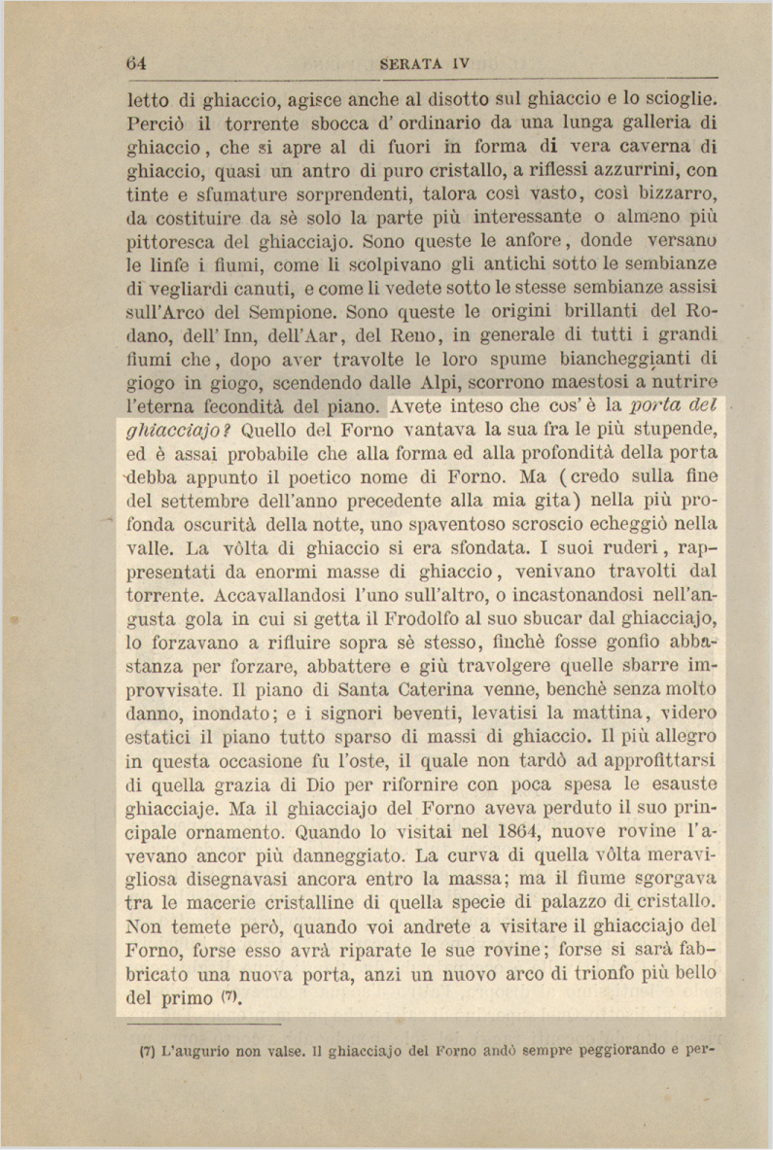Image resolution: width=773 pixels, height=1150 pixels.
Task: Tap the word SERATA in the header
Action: click(x=411, y=64)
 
